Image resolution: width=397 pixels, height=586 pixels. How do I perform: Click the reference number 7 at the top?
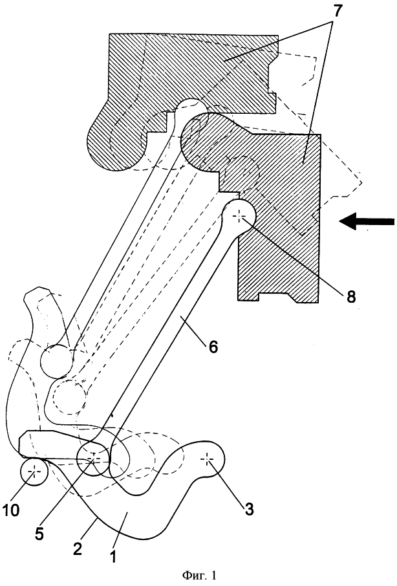[336, 12]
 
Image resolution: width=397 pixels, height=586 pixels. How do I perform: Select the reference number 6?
[212, 347]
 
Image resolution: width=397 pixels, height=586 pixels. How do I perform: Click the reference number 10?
[12, 510]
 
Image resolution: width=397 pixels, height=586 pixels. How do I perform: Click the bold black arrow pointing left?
[367, 221]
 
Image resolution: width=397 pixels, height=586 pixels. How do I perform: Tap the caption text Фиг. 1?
[199, 575]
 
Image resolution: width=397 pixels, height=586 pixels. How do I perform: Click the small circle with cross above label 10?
[34, 472]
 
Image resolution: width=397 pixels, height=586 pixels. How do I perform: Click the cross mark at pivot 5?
[93, 457]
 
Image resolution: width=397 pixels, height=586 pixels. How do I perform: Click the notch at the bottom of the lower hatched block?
[275, 297]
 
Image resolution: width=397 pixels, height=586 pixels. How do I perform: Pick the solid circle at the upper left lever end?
[57, 361]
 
